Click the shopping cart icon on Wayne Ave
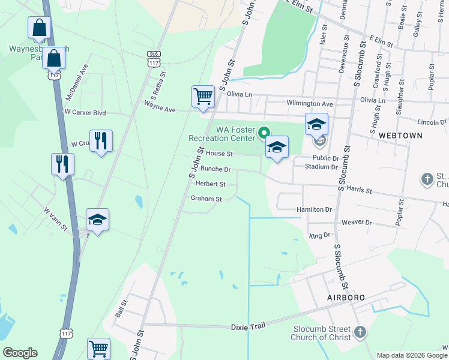pos(203,97)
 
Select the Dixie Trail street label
pos(248,327)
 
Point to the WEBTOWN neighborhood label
pos(400,136)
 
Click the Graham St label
pos(206,199)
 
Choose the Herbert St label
pos(210,184)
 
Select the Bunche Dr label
pos(215,170)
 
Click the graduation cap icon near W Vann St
pos(97,220)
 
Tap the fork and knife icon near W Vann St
pos(62,164)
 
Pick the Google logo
pos(20,353)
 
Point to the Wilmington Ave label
pos(310,103)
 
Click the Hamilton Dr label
pos(314,209)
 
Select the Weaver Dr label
pos(357,223)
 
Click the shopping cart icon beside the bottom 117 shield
pos(98,348)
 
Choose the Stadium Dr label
pos(322,166)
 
